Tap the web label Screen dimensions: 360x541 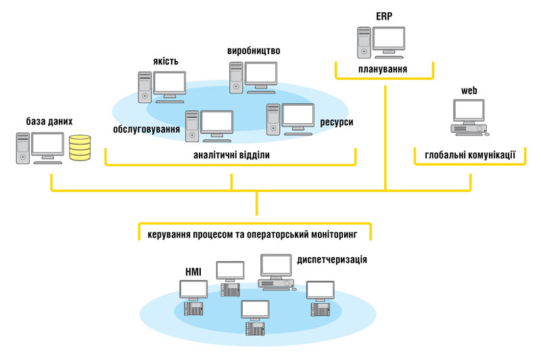469,89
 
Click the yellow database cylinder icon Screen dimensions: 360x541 80,148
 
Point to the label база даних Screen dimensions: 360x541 49,121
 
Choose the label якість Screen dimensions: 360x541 166,62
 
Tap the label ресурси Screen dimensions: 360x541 335,122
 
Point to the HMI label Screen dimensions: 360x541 193,272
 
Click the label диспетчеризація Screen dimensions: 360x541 332,259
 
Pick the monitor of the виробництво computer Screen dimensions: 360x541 261,74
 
